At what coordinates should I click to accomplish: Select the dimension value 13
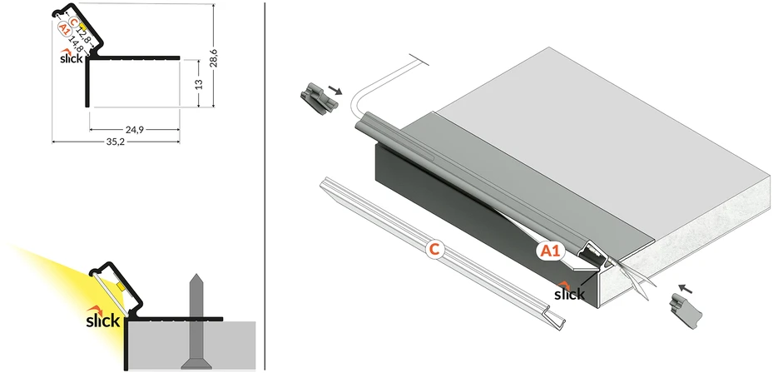coord(199,84)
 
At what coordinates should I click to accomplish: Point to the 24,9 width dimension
coord(134,130)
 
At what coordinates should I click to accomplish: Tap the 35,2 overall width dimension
coord(115,142)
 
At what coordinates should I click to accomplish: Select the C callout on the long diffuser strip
coord(434,250)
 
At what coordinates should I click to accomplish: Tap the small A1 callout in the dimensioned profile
coord(63,29)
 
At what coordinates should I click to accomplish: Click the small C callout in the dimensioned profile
coord(73,22)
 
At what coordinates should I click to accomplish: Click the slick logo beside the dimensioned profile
coord(71,57)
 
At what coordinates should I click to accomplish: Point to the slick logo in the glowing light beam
coord(103,317)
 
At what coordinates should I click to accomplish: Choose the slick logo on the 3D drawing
coord(569,291)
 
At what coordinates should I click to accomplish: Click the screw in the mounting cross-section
coord(196,321)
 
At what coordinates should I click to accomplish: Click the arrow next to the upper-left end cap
coord(335,90)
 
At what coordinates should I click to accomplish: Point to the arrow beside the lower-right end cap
coord(686,288)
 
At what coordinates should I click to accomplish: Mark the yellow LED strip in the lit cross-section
coord(121,286)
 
